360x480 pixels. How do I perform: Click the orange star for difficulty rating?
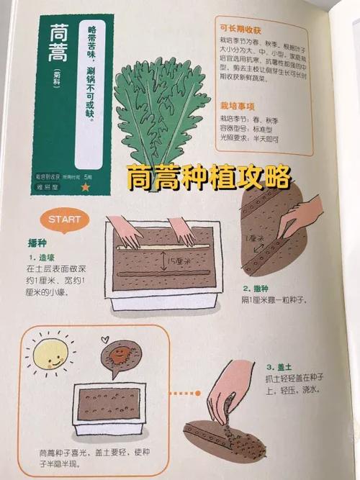click(x=86, y=186)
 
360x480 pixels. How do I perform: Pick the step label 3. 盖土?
click(x=282, y=366)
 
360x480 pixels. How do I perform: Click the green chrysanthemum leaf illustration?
click(x=162, y=108)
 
